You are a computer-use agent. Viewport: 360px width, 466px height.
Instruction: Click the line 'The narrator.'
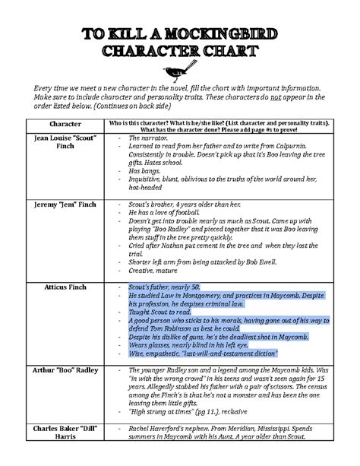pos(148,138)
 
